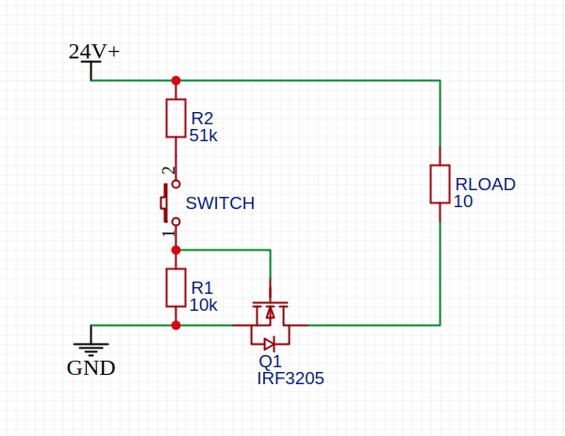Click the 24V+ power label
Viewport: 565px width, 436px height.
(x=94, y=52)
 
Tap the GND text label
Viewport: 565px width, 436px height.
(x=91, y=368)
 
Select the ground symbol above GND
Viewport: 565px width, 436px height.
(x=91, y=346)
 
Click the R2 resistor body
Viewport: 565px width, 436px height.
(x=175, y=118)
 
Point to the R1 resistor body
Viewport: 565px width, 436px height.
(x=175, y=288)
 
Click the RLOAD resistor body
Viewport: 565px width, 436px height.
(x=440, y=185)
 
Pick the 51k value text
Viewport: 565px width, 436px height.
(x=204, y=136)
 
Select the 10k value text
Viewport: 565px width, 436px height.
(x=204, y=305)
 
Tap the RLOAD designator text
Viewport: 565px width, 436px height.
(x=486, y=185)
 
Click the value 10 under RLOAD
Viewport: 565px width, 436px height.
(x=463, y=202)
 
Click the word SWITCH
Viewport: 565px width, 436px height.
(x=220, y=203)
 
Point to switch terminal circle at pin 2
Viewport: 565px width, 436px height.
(x=175, y=185)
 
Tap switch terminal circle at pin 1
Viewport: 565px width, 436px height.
(x=175, y=222)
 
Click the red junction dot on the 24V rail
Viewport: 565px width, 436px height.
(x=175, y=81)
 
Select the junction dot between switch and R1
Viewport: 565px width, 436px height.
(x=175, y=250)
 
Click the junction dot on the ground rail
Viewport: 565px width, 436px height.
(x=175, y=325)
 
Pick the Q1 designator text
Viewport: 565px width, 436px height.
(x=271, y=362)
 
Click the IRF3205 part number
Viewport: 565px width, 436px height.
(x=291, y=379)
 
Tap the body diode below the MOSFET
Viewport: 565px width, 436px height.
(x=270, y=345)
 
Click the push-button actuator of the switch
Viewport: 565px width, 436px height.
(x=164, y=203)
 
